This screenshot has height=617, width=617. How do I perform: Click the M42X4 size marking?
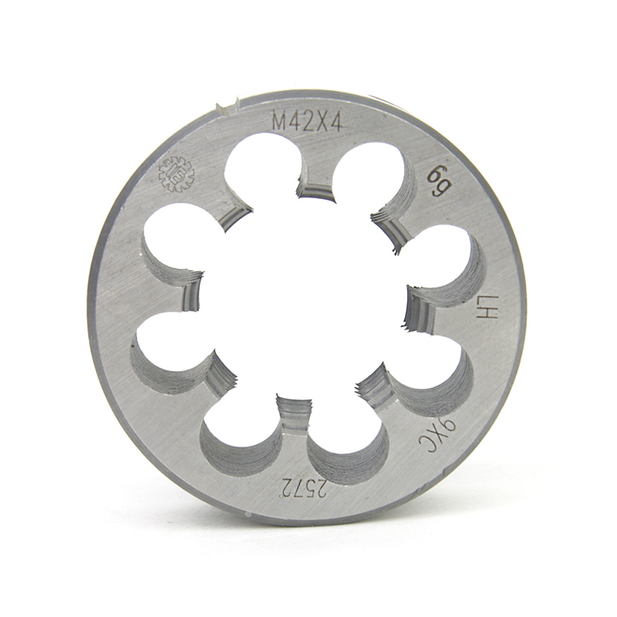click(x=308, y=120)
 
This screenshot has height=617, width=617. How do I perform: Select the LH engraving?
click(x=488, y=308)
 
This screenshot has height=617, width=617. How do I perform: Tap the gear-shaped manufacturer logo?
click(x=177, y=174)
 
